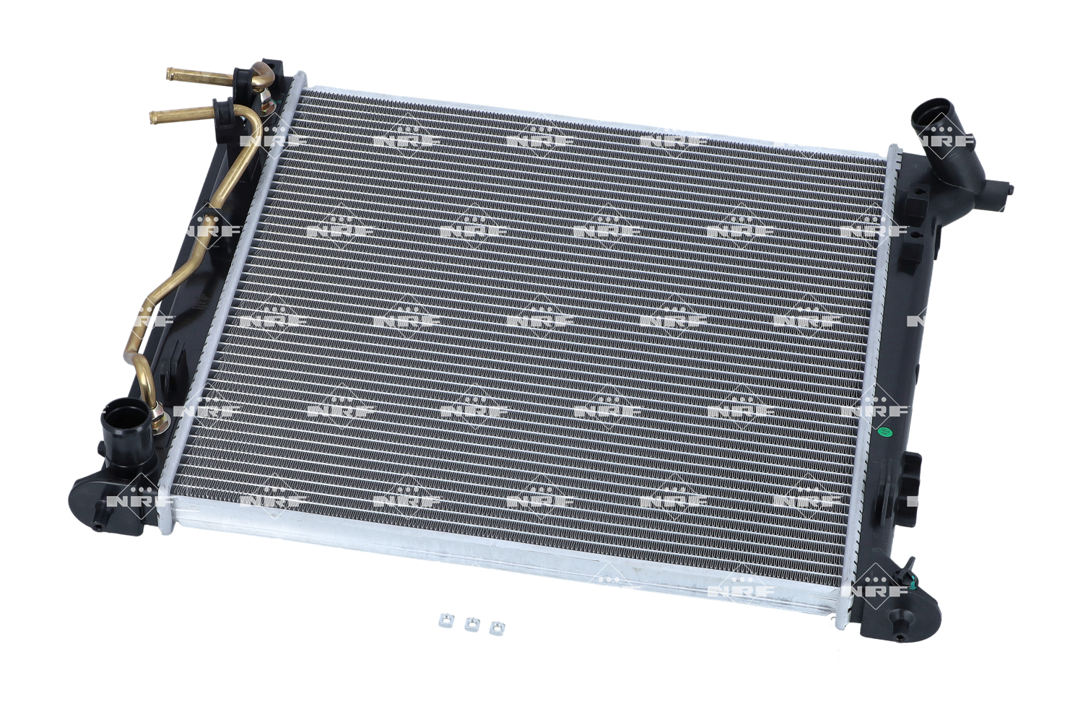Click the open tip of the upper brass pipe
point(170,74)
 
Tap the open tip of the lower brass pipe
point(154,116)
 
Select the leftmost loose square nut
point(445,620)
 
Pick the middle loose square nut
point(471,625)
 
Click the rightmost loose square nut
point(497,628)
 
